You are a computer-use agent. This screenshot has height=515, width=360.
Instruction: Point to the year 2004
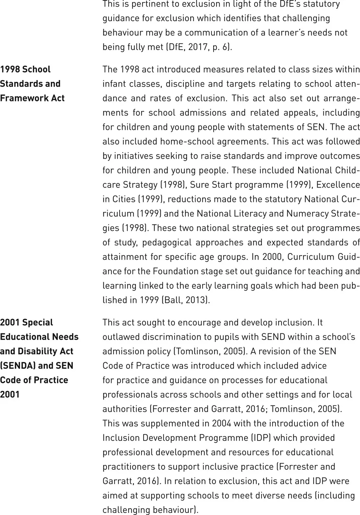(x=221, y=423)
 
